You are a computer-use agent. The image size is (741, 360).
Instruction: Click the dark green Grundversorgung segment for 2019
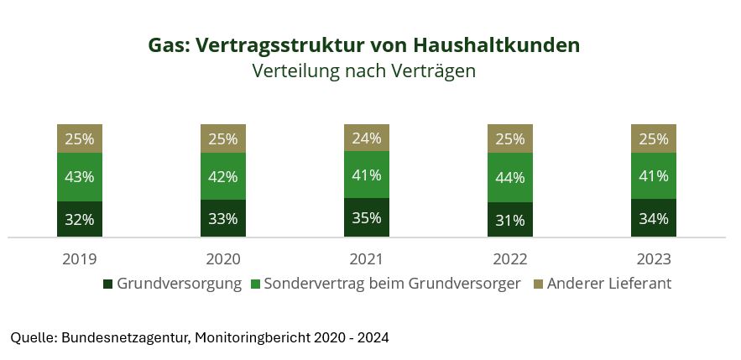click(x=80, y=219)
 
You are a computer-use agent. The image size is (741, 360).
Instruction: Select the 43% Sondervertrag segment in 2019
click(x=80, y=177)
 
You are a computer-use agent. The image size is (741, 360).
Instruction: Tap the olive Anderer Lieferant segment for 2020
click(x=223, y=138)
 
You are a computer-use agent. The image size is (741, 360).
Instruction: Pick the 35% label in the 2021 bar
click(x=367, y=218)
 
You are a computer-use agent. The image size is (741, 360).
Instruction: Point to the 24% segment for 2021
click(x=367, y=138)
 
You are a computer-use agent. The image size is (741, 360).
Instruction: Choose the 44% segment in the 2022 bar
click(x=510, y=177)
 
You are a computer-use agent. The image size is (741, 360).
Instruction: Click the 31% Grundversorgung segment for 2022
click(x=510, y=220)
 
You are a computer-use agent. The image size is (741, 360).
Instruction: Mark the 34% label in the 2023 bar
click(x=654, y=219)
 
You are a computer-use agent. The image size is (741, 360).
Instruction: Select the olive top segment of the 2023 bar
click(x=654, y=138)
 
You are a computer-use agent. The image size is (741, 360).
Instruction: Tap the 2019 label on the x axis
click(x=80, y=258)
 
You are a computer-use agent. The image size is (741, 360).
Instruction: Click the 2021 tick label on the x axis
click(x=367, y=258)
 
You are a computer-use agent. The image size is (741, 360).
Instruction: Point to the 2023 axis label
click(x=654, y=258)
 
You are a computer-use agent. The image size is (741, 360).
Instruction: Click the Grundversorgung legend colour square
click(x=107, y=284)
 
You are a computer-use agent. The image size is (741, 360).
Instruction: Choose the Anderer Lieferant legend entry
click(x=608, y=284)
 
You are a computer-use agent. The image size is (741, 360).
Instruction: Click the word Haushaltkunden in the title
click(x=498, y=45)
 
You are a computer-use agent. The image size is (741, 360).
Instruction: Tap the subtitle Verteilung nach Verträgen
click(x=364, y=71)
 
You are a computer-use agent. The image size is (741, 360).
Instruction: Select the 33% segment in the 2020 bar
click(x=223, y=219)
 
